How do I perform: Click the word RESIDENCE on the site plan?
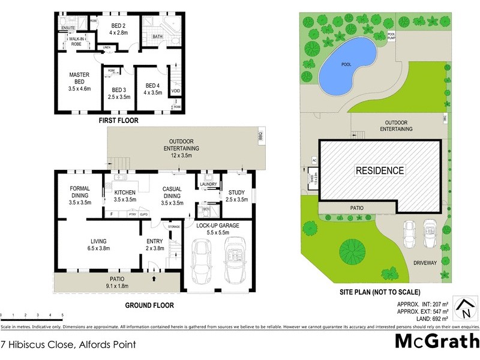point(380,170)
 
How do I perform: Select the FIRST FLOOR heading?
point(118,121)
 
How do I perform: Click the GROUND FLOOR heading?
point(149,305)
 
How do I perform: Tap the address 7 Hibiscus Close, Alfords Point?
point(68,344)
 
